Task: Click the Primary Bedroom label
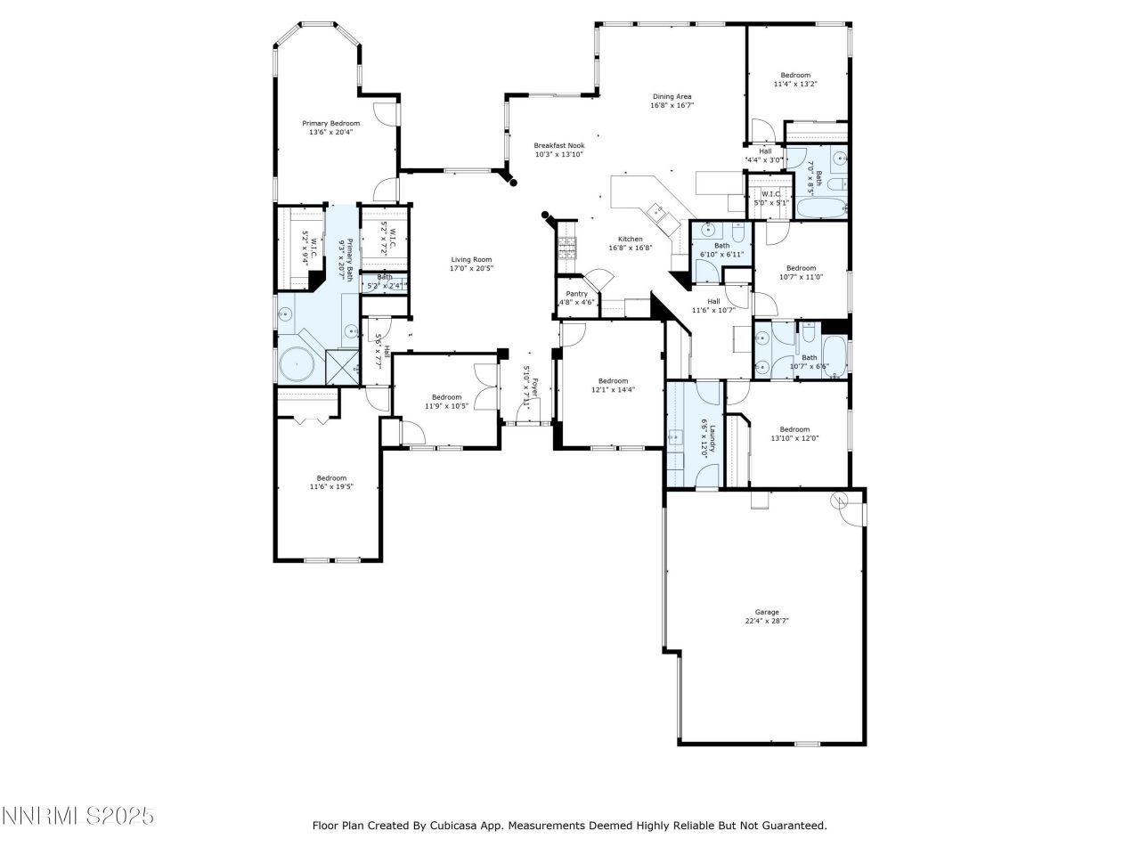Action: point(330,123)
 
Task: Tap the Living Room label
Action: point(471,259)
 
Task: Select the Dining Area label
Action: point(672,96)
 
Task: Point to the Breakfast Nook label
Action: point(559,145)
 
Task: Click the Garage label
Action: point(767,612)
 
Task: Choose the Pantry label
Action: point(576,293)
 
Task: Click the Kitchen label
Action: point(631,239)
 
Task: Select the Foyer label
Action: point(535,387)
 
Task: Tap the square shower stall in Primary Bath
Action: point(341,366)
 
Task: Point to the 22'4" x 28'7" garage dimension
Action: point(767,622)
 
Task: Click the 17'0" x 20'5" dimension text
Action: point(471,268)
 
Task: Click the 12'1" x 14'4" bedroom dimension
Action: point(613,389)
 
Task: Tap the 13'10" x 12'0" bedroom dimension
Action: point(794,437)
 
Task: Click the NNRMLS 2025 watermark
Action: point(78,815)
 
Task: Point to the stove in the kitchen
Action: point(566,247)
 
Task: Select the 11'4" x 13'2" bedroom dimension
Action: point(795,84)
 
